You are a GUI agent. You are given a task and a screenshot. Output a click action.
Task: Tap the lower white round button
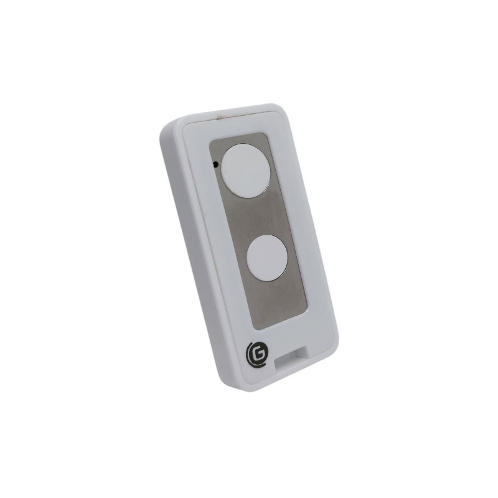[x=267, y=258]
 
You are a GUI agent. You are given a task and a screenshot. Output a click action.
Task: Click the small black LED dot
[x=215, y=164]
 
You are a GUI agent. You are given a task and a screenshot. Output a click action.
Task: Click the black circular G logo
[x=257, y=357]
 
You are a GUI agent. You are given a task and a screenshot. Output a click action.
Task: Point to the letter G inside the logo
[x=258, y=357]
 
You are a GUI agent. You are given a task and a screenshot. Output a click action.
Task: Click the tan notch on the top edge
[x=221, y=116]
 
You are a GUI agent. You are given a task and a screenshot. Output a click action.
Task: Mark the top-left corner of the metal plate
[x=210, y=143]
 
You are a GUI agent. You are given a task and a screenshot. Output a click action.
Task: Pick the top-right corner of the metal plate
[x=265, y=133]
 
